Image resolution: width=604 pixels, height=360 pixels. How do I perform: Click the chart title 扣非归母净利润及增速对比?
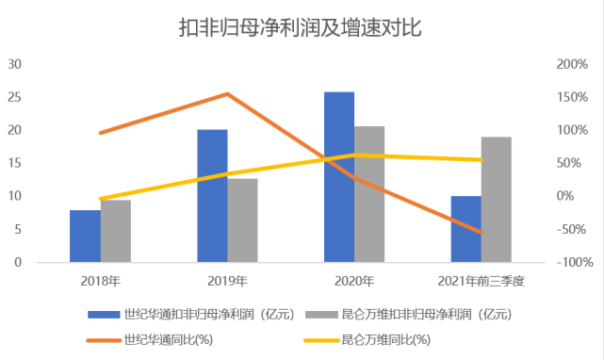301,27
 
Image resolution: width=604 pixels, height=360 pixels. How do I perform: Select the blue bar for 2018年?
85,237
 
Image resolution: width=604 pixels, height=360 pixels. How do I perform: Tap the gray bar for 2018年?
115,232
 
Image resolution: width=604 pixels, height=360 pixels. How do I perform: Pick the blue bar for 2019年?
212,196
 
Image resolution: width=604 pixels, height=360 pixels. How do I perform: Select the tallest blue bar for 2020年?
339,177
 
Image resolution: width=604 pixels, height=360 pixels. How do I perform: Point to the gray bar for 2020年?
369,194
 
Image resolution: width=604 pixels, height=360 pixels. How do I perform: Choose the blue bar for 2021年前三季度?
465,229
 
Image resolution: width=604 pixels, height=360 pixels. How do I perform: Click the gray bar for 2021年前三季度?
496,200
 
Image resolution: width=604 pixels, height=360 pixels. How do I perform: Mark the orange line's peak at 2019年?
227,93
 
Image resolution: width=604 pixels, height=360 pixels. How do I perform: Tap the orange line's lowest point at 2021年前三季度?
481,232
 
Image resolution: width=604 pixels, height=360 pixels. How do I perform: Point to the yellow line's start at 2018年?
100,199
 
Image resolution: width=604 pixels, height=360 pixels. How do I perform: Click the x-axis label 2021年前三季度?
481,281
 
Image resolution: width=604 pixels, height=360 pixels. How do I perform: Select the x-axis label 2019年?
227,281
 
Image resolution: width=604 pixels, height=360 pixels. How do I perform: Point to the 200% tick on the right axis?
571,64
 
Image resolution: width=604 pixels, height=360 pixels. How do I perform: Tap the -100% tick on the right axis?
571,262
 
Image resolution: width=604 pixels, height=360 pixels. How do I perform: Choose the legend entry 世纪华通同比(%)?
165,338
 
